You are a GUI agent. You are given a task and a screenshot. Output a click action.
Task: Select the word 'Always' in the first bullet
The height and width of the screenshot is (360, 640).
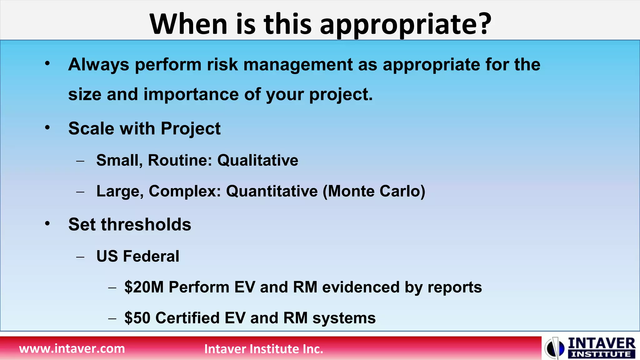98,65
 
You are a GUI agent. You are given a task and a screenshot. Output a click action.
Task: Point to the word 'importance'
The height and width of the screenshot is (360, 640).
191,94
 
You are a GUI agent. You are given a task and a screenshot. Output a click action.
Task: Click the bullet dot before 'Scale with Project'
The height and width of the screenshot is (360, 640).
47,127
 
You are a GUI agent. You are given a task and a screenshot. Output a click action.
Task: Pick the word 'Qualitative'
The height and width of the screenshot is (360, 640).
257,160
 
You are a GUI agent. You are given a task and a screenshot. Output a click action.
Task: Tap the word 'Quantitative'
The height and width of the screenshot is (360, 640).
272,191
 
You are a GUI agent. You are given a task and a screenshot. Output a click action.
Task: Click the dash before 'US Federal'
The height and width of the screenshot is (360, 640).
80,257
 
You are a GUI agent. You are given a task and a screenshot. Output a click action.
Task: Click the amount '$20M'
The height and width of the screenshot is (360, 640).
144,287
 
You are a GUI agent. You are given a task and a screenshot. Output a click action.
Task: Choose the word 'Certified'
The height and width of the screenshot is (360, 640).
187,318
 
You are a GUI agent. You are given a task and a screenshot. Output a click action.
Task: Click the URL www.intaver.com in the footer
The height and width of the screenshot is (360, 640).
72,348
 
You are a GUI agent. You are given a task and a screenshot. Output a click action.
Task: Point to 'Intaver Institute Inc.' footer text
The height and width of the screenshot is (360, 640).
263,349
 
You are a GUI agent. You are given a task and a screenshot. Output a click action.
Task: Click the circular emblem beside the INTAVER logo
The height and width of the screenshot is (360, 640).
554,348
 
